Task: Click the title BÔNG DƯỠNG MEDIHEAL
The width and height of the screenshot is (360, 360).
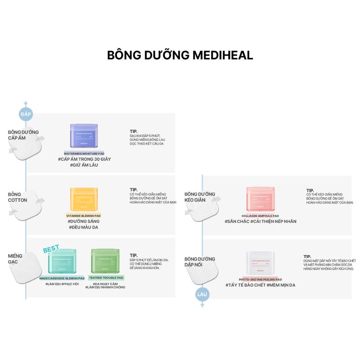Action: click(x=180, y=55)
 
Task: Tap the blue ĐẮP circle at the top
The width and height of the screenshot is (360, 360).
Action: click(x=26, y=114)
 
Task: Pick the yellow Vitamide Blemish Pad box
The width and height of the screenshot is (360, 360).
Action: click(x=84, y=199)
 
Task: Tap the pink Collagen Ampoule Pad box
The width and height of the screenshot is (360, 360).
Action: click(x=261, y=199)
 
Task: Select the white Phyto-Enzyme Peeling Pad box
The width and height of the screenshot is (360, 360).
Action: click(x=261, y=263)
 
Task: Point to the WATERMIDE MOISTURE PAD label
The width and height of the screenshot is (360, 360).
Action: click(x=84, y=153)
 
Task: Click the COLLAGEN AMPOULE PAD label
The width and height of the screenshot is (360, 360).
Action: click(x=261, y=216)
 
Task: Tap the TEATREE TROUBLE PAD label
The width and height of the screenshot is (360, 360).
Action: click(x=106, y=278)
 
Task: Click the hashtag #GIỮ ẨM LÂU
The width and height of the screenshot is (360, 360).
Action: click(x=84, y=165)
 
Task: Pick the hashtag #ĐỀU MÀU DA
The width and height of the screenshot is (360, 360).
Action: click(x=83, y=227)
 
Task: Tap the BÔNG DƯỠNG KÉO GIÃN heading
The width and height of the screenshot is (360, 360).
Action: click(x=200, y=197)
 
